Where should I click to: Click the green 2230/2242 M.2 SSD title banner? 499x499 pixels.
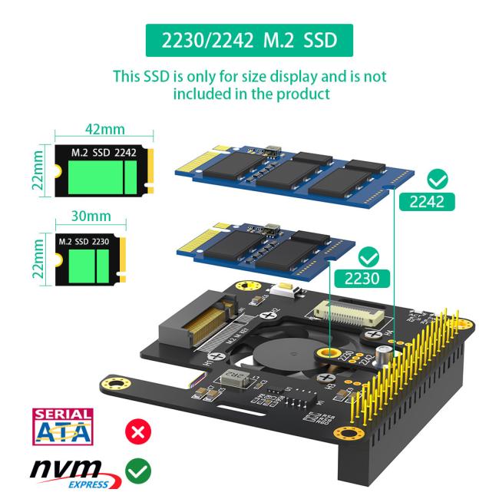click(249, 39)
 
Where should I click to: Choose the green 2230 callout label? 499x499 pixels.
click(359, 276)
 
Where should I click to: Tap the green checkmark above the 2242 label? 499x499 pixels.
click(438, 180)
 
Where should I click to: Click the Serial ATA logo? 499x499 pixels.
click(61, 427)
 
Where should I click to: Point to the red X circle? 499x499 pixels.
click(140, 431)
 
